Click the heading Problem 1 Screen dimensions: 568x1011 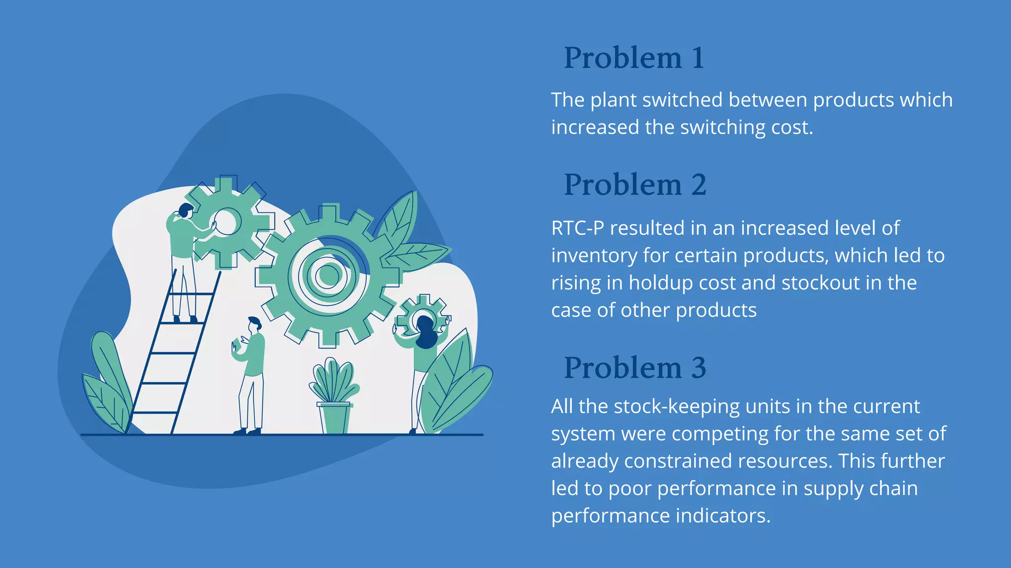click(x=634, y=58)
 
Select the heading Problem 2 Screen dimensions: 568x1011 click(x=635, y=185)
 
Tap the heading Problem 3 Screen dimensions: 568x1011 click(x=635, y=368)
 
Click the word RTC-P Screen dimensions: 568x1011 click(x=577, y=228)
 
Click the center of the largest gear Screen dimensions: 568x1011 click(x=327, y=275)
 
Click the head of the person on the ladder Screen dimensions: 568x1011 click(x=185, y=211)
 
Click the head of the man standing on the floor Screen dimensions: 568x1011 click(x=254, y=324)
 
